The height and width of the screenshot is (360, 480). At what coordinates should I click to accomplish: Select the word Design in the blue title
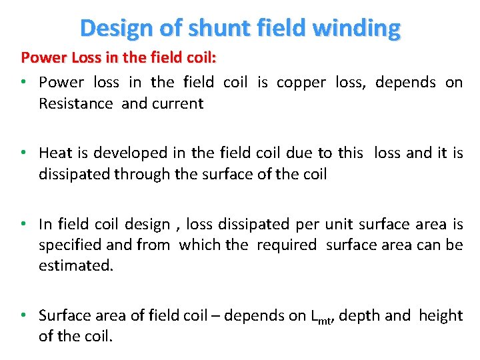coord(115,28)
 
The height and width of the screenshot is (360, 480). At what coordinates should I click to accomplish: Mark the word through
coord(140,174)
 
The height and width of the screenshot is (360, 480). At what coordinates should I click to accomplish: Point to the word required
coord(288,245)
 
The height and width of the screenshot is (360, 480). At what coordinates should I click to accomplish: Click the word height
coord(440,315)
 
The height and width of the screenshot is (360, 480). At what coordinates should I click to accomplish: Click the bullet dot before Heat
coord(23,153)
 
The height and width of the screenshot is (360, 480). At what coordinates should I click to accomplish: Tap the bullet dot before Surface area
coord(23,315)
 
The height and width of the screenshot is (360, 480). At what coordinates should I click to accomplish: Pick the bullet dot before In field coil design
coord(23,223)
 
